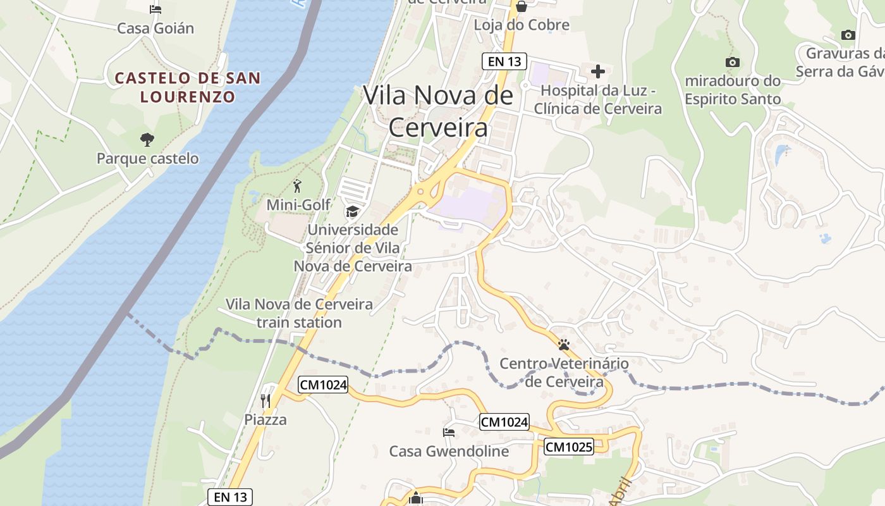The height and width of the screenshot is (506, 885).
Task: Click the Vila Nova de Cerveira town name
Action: [x=438, y=111]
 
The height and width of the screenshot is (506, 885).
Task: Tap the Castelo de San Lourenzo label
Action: [x=188, y=87]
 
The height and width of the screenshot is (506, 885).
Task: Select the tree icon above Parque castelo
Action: [x=147, y=139]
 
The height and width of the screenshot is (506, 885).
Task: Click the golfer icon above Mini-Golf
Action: [x=298, y=186]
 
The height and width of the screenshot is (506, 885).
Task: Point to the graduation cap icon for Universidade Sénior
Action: [x=352, y=211]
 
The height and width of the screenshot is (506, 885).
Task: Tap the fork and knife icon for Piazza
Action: [x=265, y=400]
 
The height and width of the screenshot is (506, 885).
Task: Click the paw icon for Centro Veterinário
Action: [x=563, y=345]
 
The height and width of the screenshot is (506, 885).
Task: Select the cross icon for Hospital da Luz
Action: [x=597, y=71]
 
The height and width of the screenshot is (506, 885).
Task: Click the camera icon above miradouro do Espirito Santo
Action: [x=733, y=62]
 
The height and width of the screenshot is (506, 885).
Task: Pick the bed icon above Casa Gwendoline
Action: [x=448, y=433]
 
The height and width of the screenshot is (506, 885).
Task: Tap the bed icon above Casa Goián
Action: [x=156, y=9]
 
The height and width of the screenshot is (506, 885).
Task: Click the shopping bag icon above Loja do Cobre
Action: [x=522, y=7]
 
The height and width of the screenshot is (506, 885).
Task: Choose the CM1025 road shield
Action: [x=569, y=447]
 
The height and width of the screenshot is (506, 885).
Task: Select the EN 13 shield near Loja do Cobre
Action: [x=504, y=61]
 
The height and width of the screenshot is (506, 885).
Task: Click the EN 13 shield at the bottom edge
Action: [x=230, y=497]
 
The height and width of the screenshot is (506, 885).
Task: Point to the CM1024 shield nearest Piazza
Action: [x=324, y=384]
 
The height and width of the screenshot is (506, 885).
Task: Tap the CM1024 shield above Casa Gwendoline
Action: [x=504, y=422]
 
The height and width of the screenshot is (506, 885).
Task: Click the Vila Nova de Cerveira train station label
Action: [x=299, y=313]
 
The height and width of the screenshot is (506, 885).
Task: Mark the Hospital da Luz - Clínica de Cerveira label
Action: [x=597, y=99]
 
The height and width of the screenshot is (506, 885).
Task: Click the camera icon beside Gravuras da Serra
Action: [x=848, y=35]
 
